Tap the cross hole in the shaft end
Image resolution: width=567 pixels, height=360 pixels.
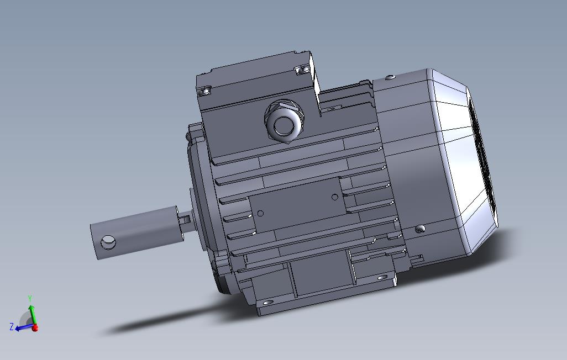click(x=108, y=242)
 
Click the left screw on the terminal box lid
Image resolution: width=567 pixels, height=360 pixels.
click(x=206, y=91)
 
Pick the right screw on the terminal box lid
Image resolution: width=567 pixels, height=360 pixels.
click(x=301, y=70)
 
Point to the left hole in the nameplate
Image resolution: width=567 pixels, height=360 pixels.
click(x=261, y=214)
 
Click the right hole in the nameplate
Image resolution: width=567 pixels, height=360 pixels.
click(x=335, y=198)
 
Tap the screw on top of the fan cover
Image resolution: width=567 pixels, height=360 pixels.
click(x=391, y=78)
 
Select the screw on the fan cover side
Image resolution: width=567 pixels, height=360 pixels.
click(x=420, y=228)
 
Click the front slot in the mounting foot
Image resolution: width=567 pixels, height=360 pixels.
click(x=268, y=303)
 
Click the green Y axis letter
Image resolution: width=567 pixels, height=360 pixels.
click(x=30, y=298)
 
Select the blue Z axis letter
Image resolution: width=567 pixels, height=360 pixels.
click(x=11, y=327)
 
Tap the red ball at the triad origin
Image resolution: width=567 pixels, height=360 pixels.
click(x=35, y=328)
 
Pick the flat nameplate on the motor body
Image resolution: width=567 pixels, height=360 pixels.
click(x=298, y=206)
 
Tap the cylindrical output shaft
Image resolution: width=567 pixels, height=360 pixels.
click(x=138, y=232)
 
